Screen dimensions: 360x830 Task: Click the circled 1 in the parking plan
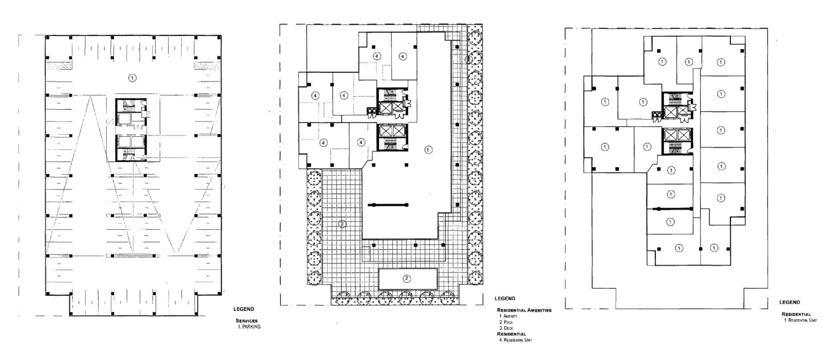[132, 77]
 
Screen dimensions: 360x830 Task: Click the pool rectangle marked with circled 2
[408, 279]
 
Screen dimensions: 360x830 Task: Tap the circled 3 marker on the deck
[342, 223]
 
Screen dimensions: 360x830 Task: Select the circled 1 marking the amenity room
[428, 150]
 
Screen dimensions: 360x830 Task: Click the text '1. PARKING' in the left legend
[249, 327]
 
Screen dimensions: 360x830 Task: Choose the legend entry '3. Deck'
[506, 328]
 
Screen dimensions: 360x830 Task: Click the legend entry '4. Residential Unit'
[516, 340]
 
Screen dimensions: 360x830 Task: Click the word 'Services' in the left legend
[246, 321]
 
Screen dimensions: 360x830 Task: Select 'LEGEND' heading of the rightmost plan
[789, 302]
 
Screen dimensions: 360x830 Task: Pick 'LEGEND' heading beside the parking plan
[244, 309]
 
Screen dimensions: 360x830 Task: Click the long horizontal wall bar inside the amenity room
[388, 205]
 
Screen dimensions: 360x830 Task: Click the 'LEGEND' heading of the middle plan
[505, 298]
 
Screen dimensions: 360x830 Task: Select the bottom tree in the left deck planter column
[314, 278]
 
